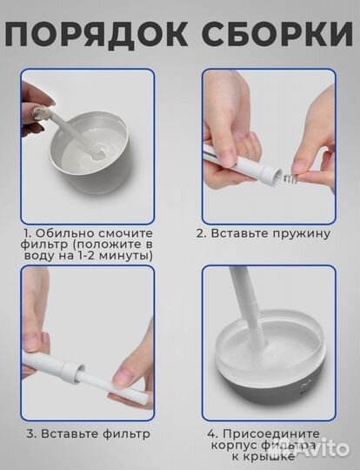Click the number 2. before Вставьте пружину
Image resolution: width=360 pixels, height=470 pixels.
tap(201, 233)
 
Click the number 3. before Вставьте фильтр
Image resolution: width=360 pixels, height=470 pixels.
tap(30, 433)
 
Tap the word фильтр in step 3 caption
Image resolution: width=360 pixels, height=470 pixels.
tap(126, 433)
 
